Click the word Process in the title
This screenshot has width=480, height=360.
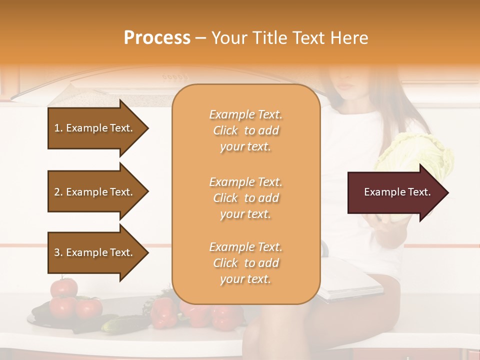pos(157,38)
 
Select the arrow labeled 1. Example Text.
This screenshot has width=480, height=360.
pos(95,128)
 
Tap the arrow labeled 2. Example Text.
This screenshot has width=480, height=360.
pos(95,192)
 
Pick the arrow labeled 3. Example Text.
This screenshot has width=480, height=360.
pos(95,252)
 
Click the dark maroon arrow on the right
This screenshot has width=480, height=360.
pos(395,192)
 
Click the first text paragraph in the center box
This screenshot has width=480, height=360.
pos(245,130)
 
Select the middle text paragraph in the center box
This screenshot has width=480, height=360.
pos(245,198)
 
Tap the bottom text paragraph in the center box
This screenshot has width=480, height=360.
pos(245,263)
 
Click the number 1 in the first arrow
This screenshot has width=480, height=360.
pos(57,128)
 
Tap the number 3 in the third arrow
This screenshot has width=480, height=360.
pos(57,252)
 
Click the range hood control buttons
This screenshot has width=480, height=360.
pos(175,77)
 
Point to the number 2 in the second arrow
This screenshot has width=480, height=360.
pos(57,192)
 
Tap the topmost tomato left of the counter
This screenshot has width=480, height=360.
pos(64,287)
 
